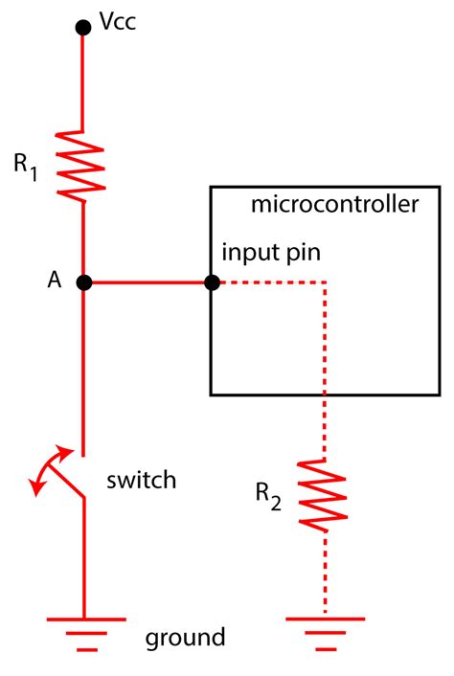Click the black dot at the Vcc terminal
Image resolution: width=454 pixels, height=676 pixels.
(84, 28)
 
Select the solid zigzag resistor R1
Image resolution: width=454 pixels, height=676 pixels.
(84, 164)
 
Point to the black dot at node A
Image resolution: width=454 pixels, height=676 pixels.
(84, 282)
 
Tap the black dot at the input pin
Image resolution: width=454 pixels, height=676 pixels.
(212, 282)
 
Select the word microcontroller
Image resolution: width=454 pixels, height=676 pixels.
(333, 206)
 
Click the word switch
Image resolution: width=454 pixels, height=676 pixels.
(142, 480)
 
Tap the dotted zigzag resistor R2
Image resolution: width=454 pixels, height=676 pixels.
(326, 493)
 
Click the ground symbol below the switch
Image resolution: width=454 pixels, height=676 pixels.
(84, 633)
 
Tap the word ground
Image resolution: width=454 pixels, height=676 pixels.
(186, 637)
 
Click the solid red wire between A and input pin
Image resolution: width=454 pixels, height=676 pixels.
(148, 282)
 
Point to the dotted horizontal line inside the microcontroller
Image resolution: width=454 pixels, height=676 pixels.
(273, 282)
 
